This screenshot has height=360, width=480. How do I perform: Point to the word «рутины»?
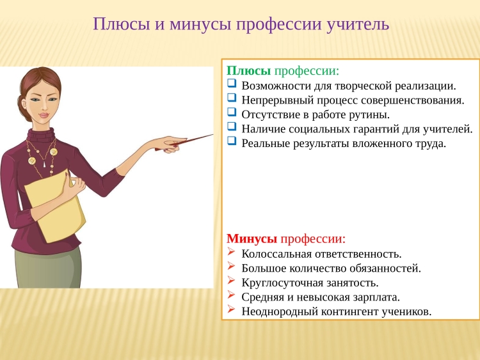point(371,114)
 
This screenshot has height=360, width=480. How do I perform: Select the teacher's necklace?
point(41,153)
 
